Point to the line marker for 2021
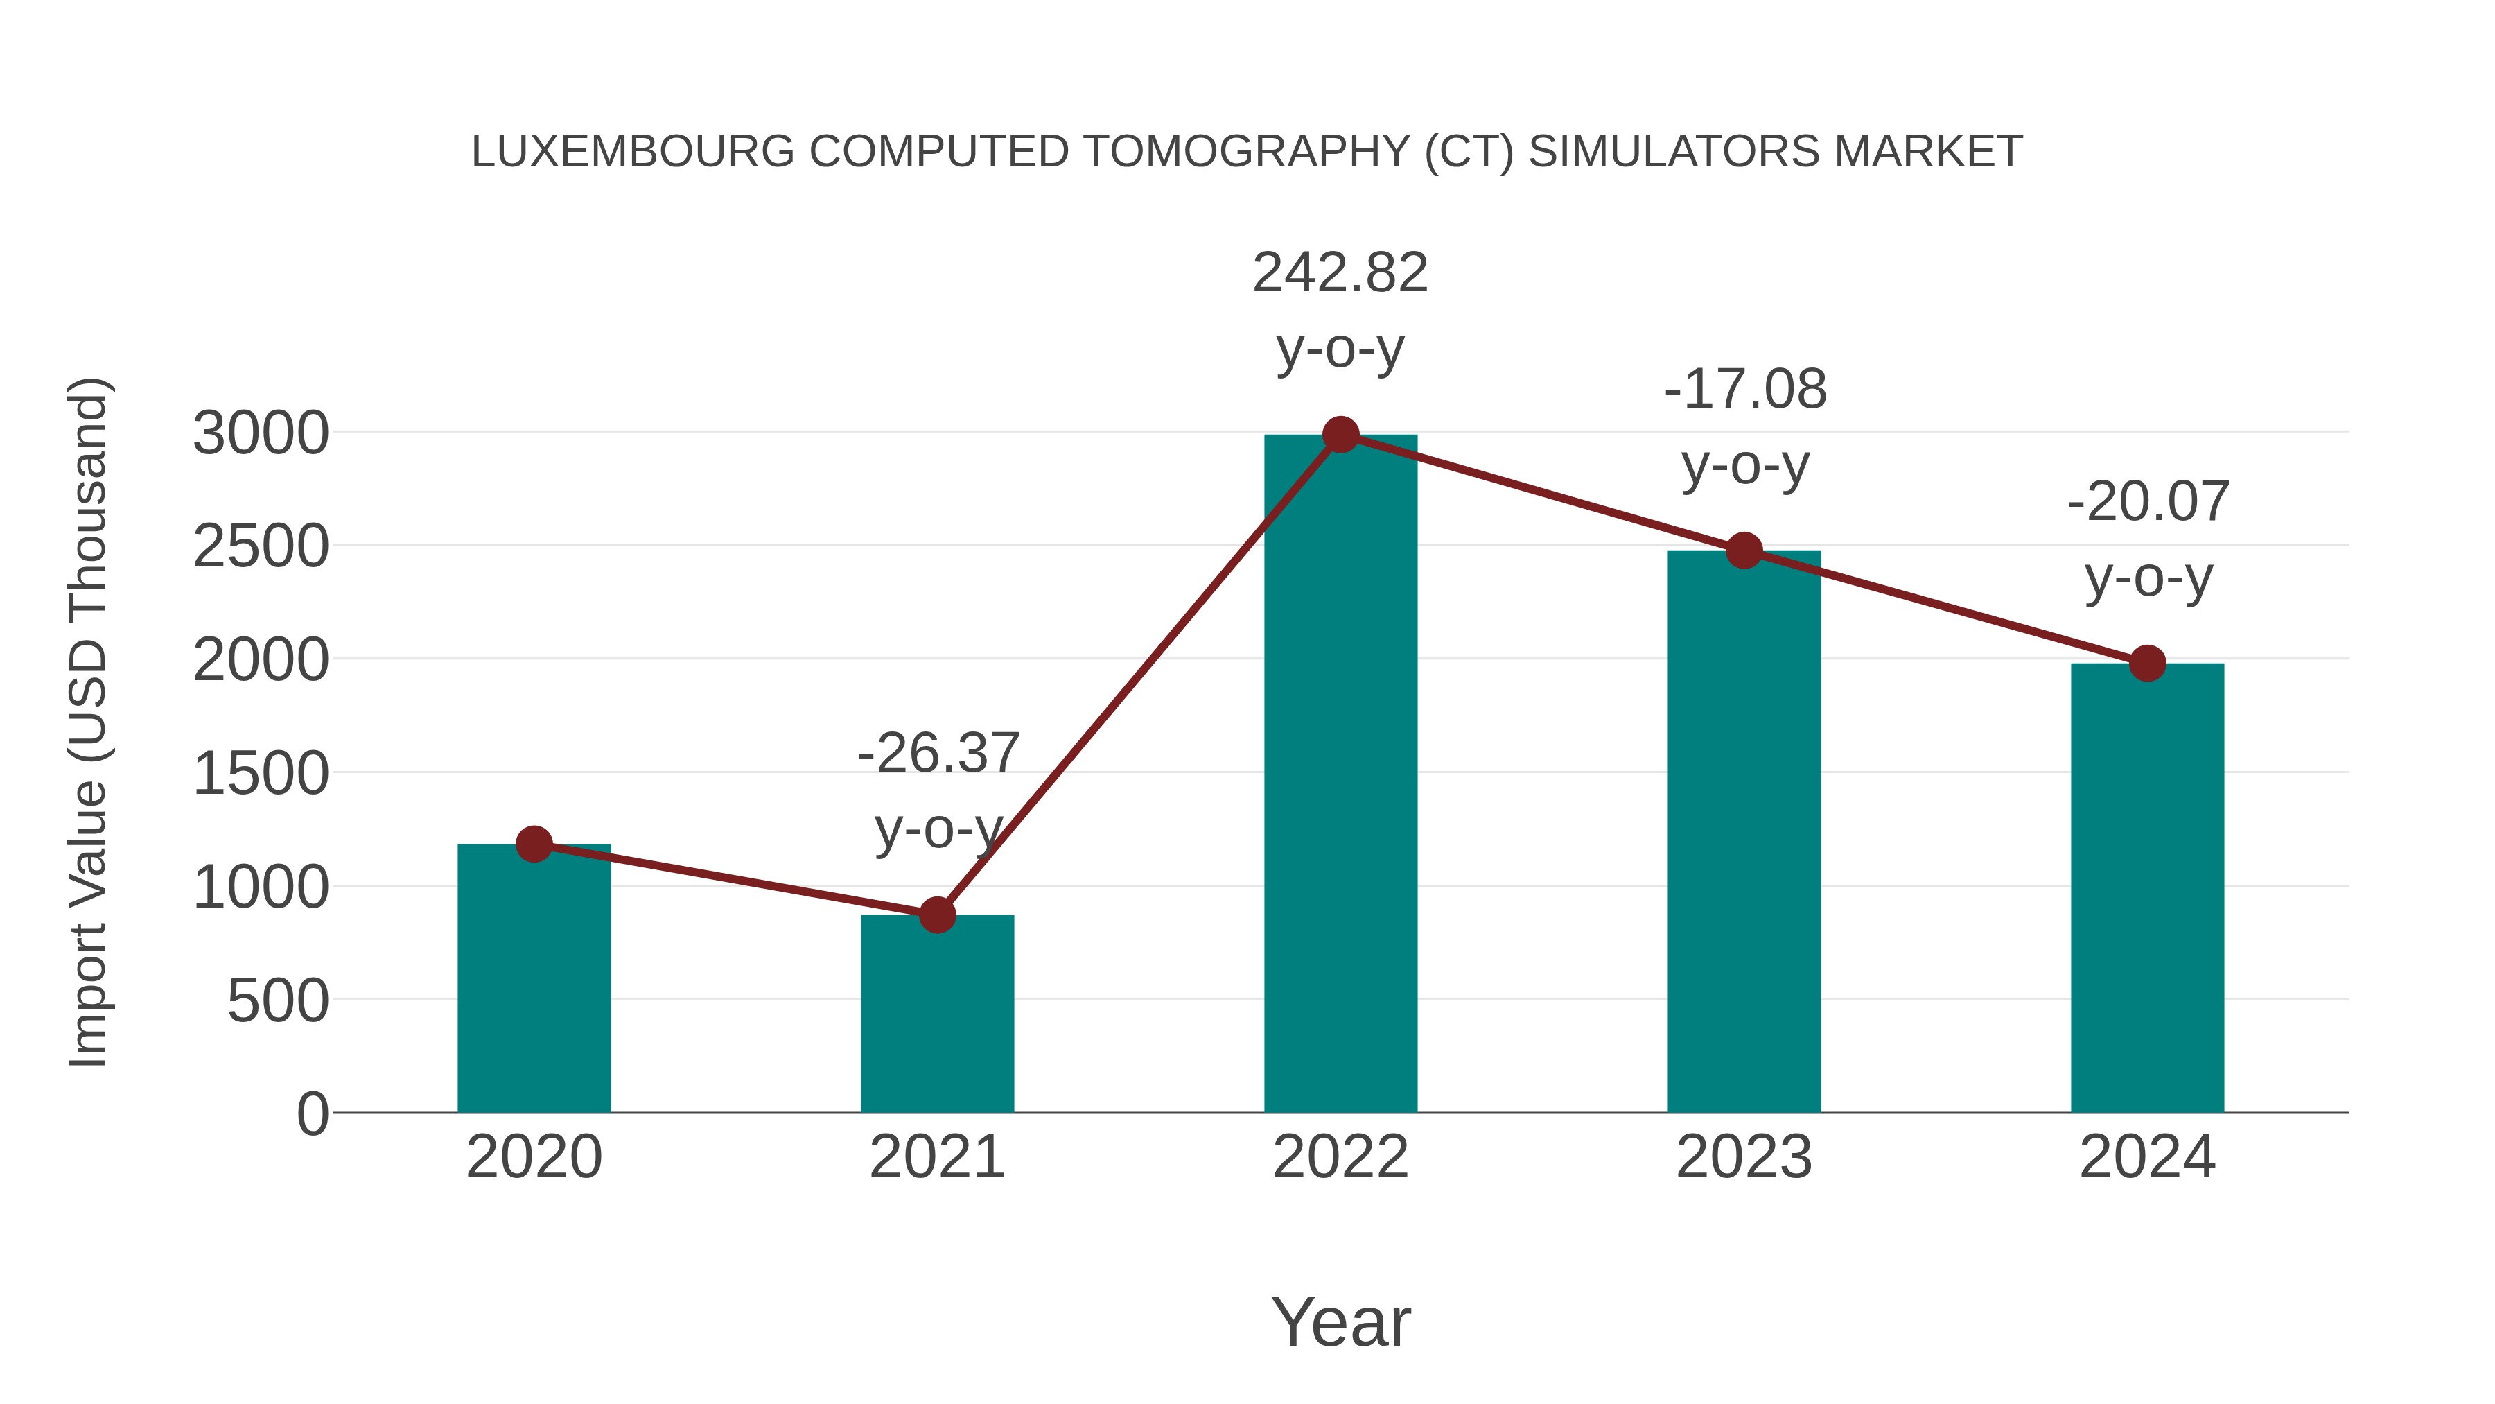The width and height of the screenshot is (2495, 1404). pyautogui.click(x=936, y=915)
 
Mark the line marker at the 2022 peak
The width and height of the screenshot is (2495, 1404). pyautogui.click(x=1340, y=435)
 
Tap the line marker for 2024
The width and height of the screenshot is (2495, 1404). pyautogui.click(x=2147, y=664)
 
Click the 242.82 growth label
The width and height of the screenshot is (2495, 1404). pyautogui.click(x=1340, y=273)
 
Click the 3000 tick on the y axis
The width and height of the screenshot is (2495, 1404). pyautogui.click(x=261, y=433)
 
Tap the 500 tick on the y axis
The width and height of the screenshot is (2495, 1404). pyautogui.click(x=278, y=1001)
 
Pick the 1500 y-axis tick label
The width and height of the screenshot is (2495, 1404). pyautogui.click(x=261, y=774)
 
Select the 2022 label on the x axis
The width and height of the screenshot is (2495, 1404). pyautogui.click(x=1340, y=1157)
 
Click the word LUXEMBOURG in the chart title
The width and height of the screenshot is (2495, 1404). pyautogui.click(x=633, y=152)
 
